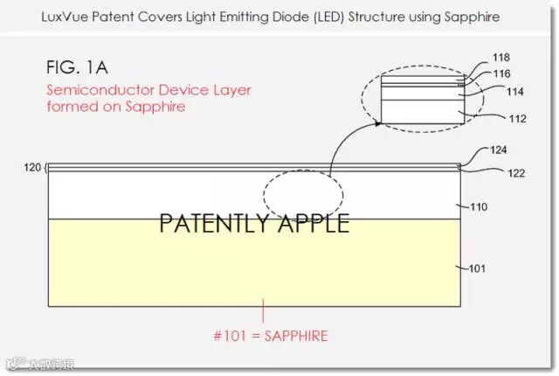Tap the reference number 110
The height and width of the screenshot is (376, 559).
click(478, 207)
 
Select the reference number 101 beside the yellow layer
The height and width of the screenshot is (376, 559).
click(477, 268)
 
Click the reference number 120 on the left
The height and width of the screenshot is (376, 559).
click(34, 165)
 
